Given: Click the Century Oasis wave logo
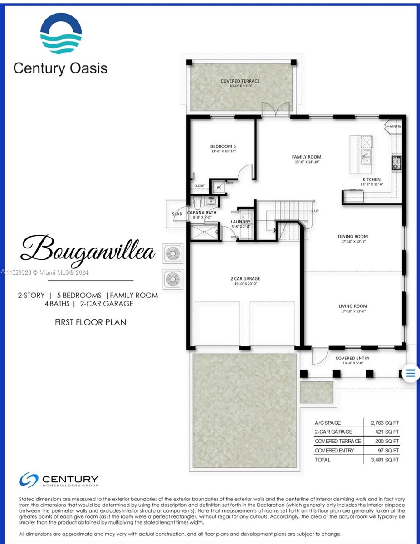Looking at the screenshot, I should [61, 34].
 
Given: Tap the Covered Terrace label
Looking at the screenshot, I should [240, 81].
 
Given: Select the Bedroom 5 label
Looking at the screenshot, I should [223, 146].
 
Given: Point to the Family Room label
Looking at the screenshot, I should [306, 157].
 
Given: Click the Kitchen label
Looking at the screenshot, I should [371, 180].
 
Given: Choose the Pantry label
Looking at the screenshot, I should [395, 126].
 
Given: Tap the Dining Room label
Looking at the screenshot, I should [352, 236].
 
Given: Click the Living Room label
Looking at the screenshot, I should [352, 306].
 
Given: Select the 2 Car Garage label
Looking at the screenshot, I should [245, 279].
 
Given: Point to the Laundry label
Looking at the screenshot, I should [240, 222].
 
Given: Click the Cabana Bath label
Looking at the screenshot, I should [201, 213].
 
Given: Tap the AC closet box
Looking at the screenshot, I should [219, 187].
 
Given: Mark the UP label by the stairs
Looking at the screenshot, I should [316, 211].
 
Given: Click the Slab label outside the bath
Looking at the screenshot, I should [176, 214].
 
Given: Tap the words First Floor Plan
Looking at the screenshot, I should [90, 322].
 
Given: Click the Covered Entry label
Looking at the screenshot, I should [352, 358].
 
